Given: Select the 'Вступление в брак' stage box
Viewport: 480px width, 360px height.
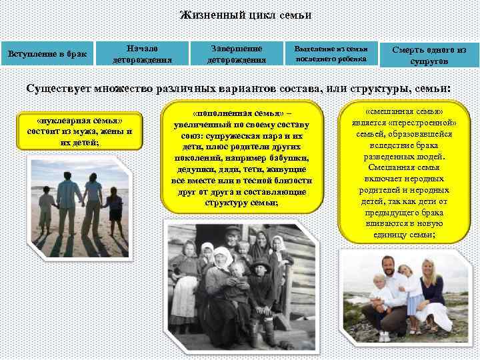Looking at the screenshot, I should (47, 53).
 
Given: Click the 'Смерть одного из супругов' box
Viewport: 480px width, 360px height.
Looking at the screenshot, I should (429, 54).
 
